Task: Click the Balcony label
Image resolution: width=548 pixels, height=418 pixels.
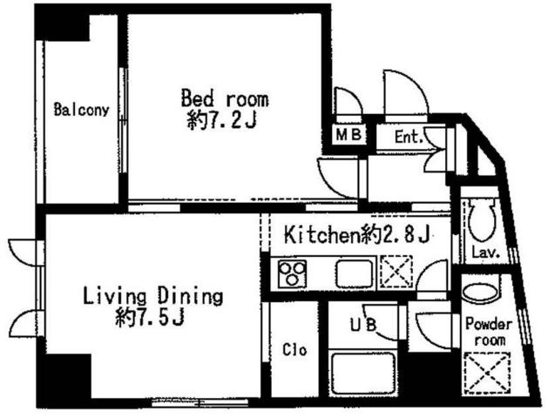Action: [x=81, y=110]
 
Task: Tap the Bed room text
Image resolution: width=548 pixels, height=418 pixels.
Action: [x=225, y=98]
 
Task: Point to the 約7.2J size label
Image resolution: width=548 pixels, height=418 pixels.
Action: [x=223, y=121]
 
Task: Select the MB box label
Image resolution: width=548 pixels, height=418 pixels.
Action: [x=348, y=134]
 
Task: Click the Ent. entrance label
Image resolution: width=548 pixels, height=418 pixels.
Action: [x=409, y=137]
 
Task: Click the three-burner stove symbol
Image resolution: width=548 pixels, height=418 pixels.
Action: [x=293, y=274]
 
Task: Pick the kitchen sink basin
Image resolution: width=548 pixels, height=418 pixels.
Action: [x=355, y=274]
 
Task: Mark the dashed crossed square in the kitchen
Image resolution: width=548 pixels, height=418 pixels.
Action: [x=396, y=272]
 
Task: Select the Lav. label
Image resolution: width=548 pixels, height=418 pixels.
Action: [x=485, y=253]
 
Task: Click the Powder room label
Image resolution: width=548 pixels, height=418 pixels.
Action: [x=489, y=332]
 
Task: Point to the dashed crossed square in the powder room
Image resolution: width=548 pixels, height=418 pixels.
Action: [x=486, y=374]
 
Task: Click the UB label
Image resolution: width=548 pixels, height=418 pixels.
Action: [x=363, y=325]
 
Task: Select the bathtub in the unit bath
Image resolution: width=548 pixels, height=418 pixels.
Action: [x=363, y=374]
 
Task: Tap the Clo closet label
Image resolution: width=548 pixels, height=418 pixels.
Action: [x=294, y=349]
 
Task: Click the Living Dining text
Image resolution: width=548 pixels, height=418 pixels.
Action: [x=152, y=296]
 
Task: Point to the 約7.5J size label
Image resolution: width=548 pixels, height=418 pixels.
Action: [x=150, y=316]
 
